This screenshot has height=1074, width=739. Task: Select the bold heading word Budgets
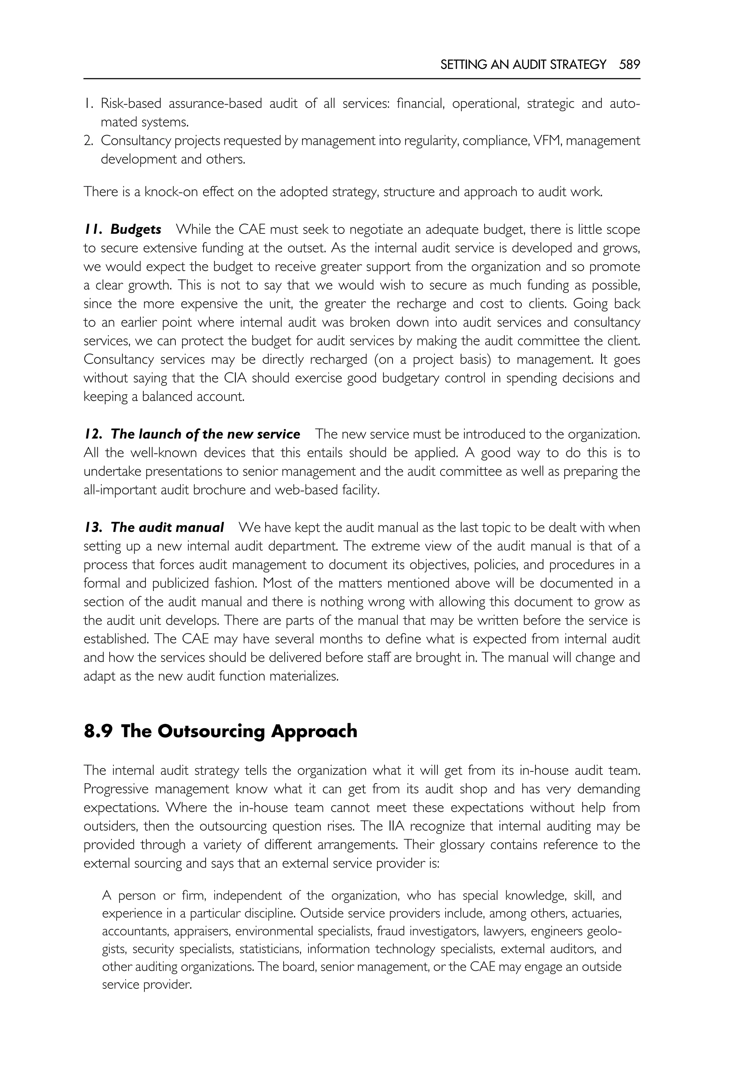pos(136,230)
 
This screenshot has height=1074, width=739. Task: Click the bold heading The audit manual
pos(167,528)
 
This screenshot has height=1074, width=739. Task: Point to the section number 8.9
pos(98,731)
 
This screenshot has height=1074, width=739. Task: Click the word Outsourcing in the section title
pos(211,731)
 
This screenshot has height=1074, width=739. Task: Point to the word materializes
pos(304,676)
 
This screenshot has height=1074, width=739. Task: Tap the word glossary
pos(461,845)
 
